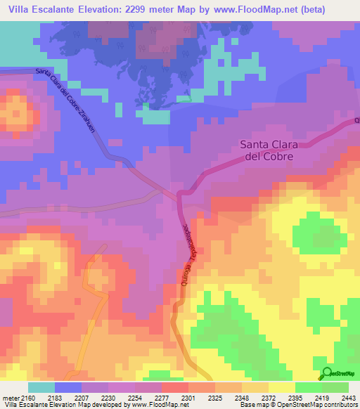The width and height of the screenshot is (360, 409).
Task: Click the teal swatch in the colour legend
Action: tap(41, 387)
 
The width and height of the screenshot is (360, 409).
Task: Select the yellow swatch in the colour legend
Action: tap(281, 387)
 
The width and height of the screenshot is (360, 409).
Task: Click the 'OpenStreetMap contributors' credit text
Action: tap(323, 405)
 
